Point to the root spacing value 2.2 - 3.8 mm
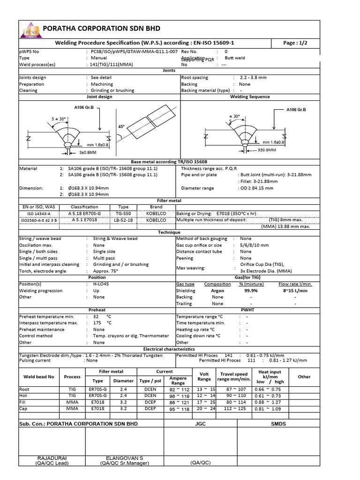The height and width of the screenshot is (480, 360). click(x=253, y=77)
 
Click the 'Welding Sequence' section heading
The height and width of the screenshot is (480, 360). click(x=250, y=97)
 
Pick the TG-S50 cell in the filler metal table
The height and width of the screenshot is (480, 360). click(x=123, y=213)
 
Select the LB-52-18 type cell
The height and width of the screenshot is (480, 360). click(x=123, y=220)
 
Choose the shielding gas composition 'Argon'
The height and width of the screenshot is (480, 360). click(x=217, y=291)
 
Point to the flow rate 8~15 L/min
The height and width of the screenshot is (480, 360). click(x=295, y=291)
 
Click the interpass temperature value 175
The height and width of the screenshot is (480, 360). click(x=97, y=323)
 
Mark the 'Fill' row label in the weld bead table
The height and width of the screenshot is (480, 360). click(x=23, y=402)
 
